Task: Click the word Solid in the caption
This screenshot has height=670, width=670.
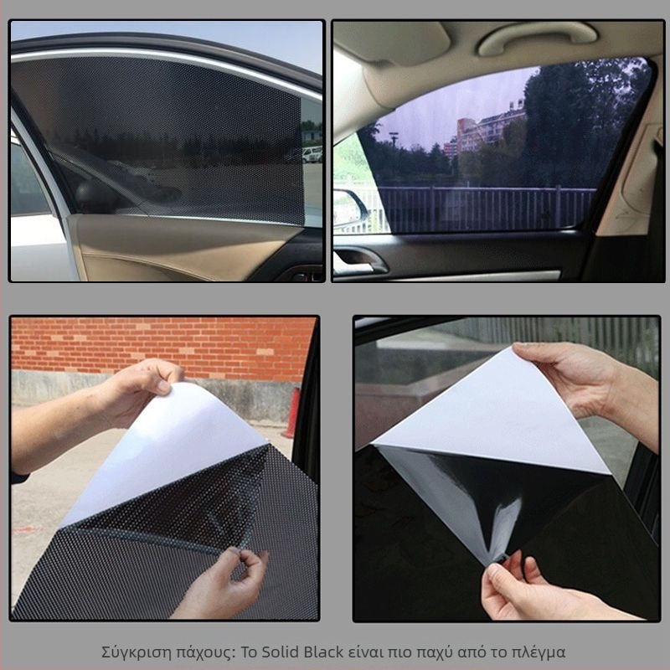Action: click(281, 652)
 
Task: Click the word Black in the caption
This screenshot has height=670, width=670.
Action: click(323, 652)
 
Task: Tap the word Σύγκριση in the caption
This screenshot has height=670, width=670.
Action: click(136, 653)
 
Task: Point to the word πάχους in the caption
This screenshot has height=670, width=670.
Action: click(204, 653)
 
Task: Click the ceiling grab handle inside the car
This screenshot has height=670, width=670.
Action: click(537, 38)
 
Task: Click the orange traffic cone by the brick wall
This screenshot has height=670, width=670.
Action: click(293, 413)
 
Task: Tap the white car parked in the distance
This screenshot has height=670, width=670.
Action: click(312, 155)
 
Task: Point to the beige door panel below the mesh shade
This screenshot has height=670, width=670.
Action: click(179, 248)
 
